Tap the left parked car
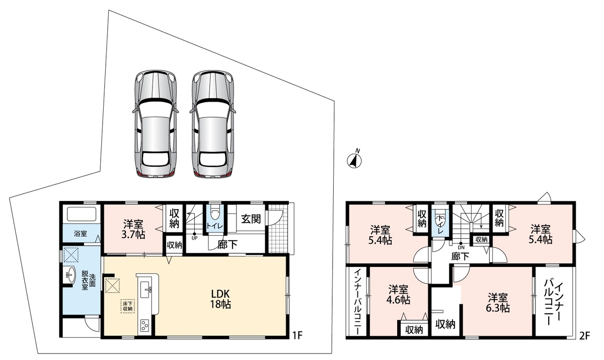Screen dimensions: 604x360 coord(156,124)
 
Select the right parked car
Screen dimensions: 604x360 coord(213,124)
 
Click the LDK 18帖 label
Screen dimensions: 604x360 coord(220,299)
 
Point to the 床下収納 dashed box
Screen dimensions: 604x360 coord(127,306)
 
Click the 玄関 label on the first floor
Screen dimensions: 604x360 coord(251,219)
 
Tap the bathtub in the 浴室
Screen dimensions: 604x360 coord(82,214)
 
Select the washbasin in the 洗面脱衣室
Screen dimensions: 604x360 coord(70,274)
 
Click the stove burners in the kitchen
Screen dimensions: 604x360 coord(145,325)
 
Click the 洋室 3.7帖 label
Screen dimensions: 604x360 coord(134,229)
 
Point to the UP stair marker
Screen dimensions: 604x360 coord(194,236)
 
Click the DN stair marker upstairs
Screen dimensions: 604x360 coord(461,245)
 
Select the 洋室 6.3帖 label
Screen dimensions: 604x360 coord(498,303)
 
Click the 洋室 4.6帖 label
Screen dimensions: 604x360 coord(399,295)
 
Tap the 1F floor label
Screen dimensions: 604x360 coord(297,335)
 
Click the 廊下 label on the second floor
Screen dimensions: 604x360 coord(460,256)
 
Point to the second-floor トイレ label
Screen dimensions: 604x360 coord(440,225)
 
